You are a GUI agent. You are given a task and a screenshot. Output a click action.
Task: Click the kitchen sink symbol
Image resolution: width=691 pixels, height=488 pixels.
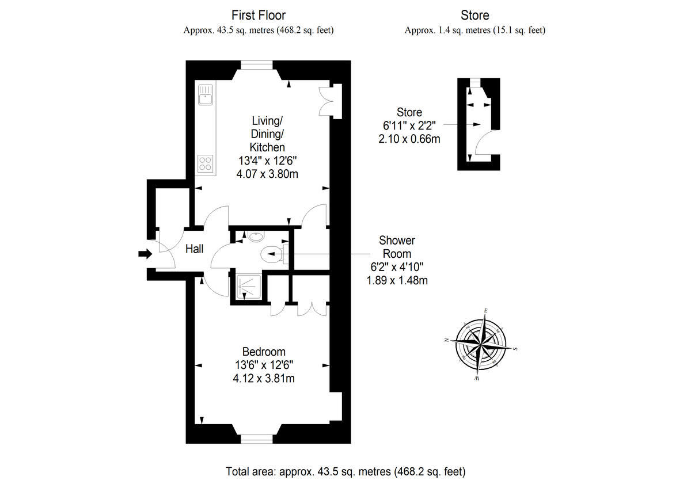(x=205, y=96)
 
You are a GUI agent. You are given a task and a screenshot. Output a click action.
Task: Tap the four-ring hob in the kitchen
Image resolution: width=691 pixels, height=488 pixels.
(x=205, y=163)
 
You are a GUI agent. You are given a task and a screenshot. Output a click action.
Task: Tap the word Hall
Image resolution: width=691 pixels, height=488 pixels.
(x=195, y=250)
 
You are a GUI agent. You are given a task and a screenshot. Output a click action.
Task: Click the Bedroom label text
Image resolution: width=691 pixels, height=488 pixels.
(x=264, y=352)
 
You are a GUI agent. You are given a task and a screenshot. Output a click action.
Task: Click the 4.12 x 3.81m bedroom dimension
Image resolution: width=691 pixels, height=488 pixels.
(x=264, y=378)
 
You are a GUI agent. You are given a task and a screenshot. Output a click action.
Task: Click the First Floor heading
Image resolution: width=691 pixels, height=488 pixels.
(x=259, y=15)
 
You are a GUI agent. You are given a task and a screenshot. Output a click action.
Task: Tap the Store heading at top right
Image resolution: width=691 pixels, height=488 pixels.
(x=475, y=15)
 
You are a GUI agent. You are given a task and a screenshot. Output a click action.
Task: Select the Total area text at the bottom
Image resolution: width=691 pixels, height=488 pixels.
(x=345, y=472)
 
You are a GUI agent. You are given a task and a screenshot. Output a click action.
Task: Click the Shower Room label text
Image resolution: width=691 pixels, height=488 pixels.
(x=397, y=247)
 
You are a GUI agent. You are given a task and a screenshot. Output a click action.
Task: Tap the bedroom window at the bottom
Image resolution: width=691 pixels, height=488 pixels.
(x=256, y=439)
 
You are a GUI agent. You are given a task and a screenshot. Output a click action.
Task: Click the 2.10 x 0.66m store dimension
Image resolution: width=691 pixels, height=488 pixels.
(x=409, y=139)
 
